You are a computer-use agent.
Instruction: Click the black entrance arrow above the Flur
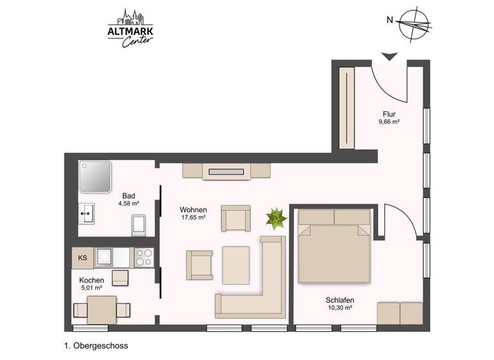tap(389, 57)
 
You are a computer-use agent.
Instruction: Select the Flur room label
tap(389, 114)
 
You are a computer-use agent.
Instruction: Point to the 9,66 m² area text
tap(389, 122)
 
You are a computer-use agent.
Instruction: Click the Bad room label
tap(129, 195)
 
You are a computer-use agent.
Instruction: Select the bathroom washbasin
tap(87, 213)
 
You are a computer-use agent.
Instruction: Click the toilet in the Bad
tap(140, 225)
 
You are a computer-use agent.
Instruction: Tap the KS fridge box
tap(82, 258)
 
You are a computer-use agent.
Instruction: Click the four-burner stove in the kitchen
tap(144, 257)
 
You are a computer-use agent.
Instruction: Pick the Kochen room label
tap(91, 281)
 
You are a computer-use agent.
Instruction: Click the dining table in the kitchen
tap(102, 310)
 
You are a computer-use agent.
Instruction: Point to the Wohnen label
tap(192, 210)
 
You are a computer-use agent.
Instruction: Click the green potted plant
tap(277, 219)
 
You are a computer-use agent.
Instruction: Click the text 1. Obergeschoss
tap(96, 346)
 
